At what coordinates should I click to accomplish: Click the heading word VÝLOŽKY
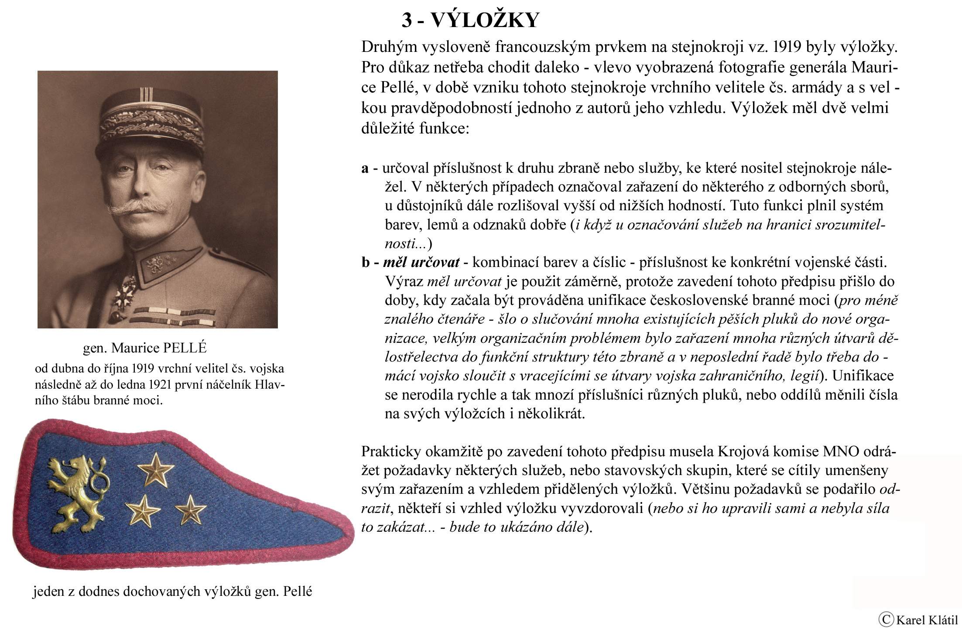485,21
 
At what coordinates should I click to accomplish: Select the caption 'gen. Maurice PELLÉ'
144,348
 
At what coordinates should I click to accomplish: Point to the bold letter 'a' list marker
365,168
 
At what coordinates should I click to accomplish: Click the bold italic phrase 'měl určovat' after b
421,262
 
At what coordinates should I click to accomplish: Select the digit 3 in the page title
407,21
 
